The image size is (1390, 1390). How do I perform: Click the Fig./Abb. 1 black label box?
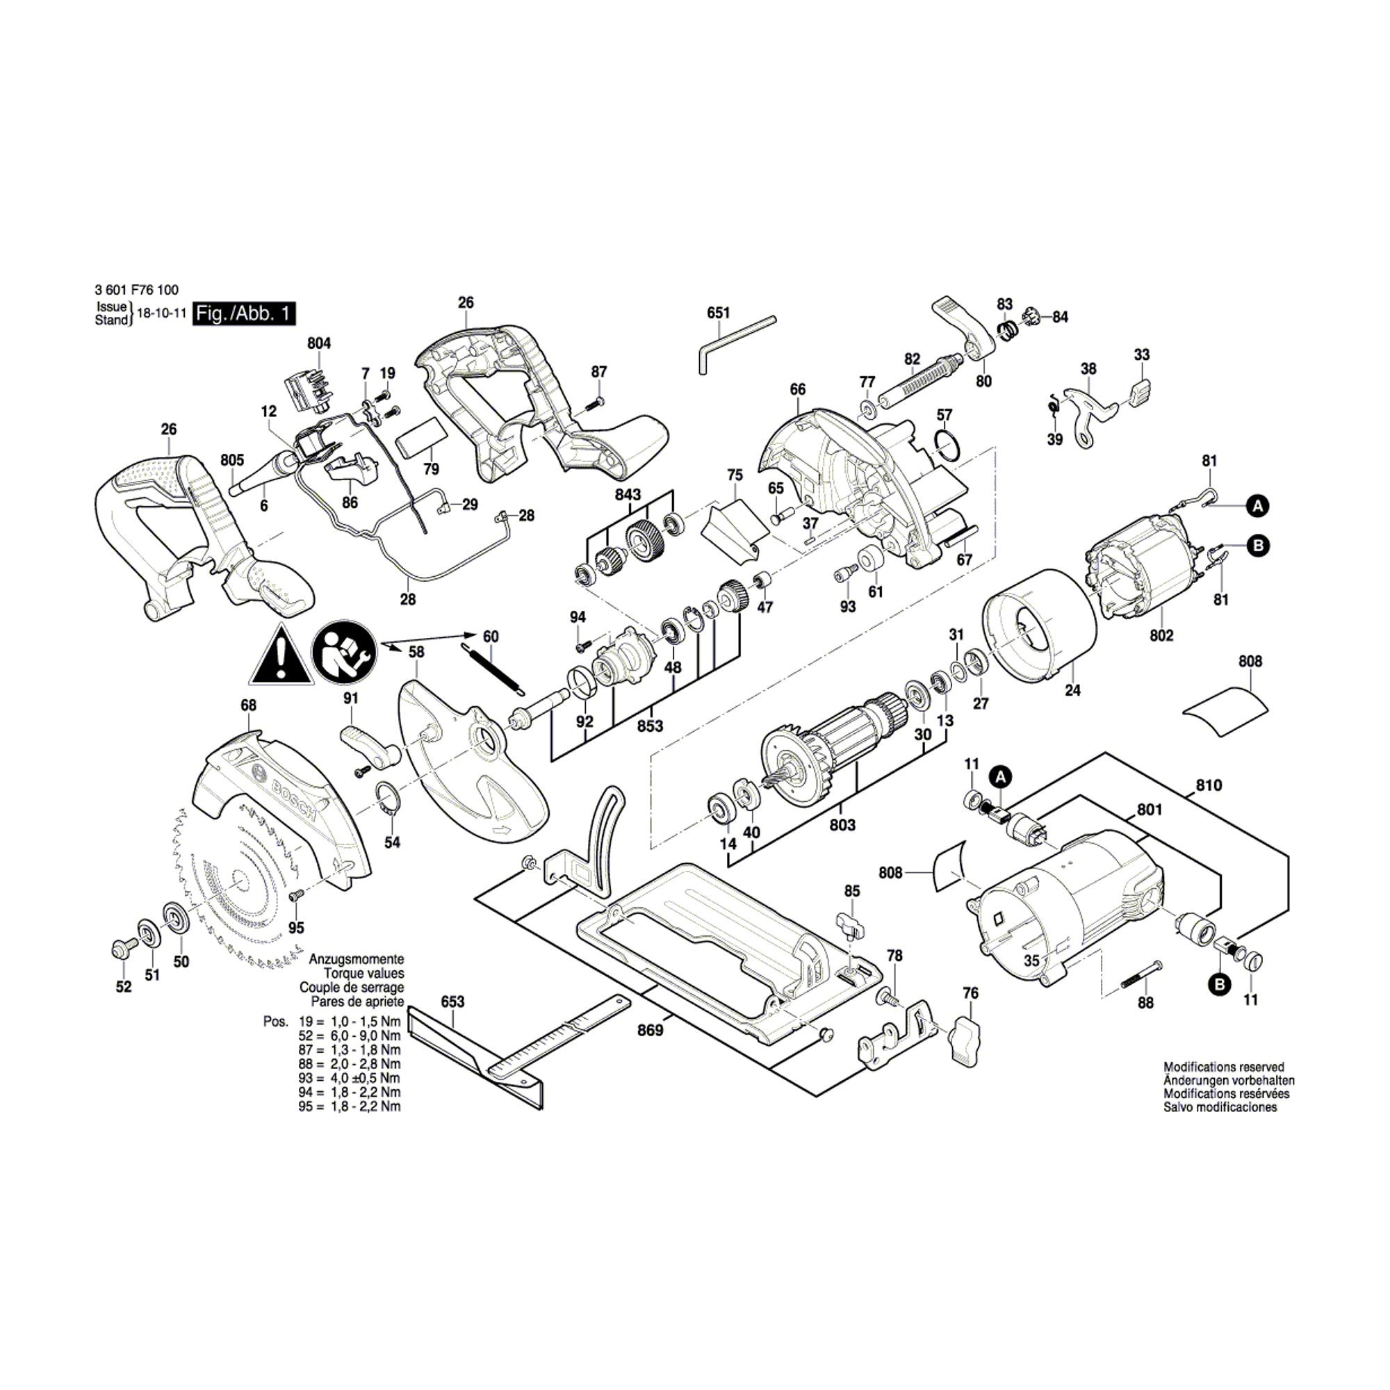(245, 314)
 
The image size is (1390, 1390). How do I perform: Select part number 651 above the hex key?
(718, 313)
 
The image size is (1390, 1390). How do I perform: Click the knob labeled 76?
(966, 1038)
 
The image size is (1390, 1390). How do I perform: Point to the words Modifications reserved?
(1224, 1067)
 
